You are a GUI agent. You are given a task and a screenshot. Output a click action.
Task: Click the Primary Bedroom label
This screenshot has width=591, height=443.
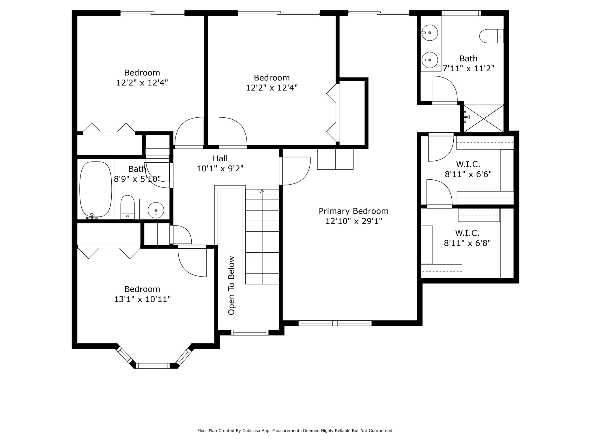tap(354, 211)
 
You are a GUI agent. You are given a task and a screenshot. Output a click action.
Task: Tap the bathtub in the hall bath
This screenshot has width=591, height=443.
tap(96, 189)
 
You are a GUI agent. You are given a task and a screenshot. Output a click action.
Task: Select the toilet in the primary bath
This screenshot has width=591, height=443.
tap(491, 36)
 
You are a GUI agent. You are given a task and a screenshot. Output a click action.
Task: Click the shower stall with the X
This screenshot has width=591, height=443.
tap(483, 119)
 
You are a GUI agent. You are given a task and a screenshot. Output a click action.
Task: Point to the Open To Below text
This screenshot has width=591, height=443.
tap(231, 285)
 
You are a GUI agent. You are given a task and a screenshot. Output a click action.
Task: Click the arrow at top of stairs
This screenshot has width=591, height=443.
tap(262, 191)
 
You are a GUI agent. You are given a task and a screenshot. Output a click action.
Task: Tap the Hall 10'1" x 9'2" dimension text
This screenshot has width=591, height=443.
tap(220, 168)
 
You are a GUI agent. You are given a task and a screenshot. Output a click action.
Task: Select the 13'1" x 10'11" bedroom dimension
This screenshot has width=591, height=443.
tap(142, 299)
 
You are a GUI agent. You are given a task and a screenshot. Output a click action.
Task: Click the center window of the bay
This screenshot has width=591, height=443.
tap(153, 366)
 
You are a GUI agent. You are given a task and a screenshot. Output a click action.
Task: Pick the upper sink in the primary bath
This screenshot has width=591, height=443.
tap(430, 33)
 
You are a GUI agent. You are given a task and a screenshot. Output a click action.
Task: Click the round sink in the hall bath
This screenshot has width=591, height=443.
tap(156, 210)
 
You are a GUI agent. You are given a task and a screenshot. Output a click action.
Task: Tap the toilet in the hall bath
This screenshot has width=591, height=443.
tap(127, 207)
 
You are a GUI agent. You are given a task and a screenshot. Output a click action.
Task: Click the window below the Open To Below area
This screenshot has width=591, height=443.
tap(250, 333)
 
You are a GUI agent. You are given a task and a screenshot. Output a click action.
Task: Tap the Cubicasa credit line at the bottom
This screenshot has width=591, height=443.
tap(295, 431)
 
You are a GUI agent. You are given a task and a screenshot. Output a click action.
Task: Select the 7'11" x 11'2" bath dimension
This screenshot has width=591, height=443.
tap(468, 69)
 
